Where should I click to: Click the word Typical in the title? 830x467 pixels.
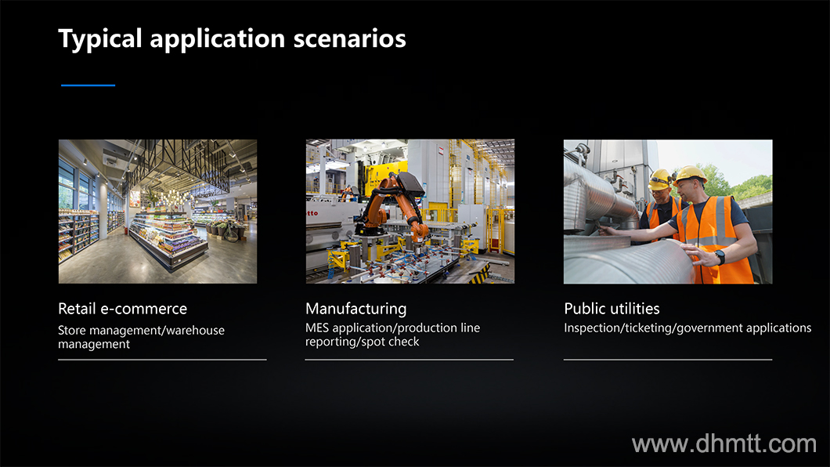100,38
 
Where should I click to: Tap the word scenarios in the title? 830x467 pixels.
350,38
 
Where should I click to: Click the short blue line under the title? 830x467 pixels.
88,85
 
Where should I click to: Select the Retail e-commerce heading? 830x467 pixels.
123,309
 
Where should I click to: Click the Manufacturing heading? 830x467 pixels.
356,309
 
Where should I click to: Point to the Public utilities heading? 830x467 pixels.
612,309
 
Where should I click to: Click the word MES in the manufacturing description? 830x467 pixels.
317,328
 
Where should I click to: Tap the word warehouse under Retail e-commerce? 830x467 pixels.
195,331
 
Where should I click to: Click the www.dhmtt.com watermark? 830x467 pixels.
724,443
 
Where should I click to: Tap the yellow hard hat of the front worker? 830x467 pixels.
690,174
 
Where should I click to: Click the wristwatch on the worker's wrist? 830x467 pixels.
720,257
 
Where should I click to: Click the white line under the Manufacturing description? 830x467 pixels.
410,360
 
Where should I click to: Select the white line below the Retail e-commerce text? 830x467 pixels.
163,360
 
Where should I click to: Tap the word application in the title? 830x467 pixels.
218,39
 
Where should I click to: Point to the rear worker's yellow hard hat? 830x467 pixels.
661,179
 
